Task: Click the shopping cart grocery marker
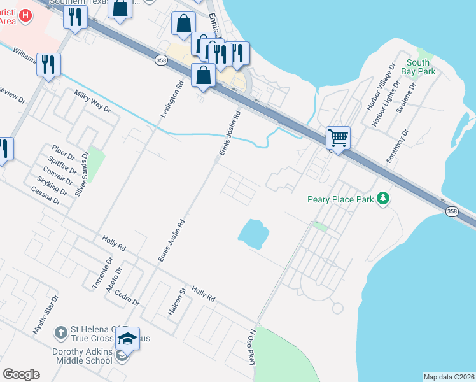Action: tap(338, 137)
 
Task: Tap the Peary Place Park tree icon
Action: tap(382, 199)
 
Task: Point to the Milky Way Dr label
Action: tap(92, 101)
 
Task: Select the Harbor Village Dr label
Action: tap(382, 85)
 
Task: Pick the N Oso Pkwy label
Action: tap(252, 348)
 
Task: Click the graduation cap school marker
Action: tap(127, 339)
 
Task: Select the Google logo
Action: tap(21, 374)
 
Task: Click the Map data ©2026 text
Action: tap(449, 377)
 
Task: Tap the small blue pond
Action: tap(253, 233)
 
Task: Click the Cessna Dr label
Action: tap(45, 195)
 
